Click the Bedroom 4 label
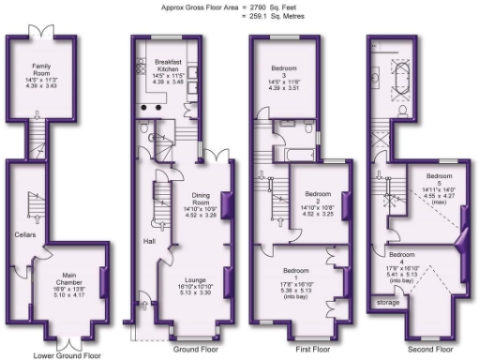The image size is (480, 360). pos(402,255)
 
